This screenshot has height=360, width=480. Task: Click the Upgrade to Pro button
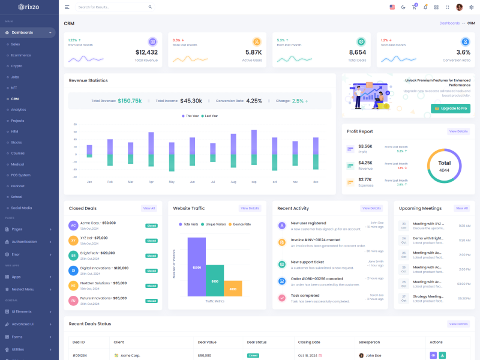click(450, 109)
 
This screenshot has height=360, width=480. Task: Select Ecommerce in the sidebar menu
click(21, 55)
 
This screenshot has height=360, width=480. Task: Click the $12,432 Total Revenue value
click(146, 52)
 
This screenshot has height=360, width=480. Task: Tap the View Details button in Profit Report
click(458, 131)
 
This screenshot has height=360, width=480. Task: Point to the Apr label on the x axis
click(151, 182)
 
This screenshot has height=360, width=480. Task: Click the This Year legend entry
click(190, 116)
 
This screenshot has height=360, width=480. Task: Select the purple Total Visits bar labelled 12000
click(197, 267)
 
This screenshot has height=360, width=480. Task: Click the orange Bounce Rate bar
click(233, 289)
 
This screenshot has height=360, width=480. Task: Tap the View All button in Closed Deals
click(149, 208)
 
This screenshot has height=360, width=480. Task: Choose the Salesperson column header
click(370, 342)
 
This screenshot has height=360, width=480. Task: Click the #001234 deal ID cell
click(79, 355)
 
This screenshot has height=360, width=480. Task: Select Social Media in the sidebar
click(22, 208)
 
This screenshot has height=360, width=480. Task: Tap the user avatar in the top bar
click(460, 7)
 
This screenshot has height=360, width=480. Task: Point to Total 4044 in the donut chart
click(444, 166)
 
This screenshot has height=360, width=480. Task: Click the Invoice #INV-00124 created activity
click(316, 239)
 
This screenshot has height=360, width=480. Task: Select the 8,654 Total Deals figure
click(357, 52)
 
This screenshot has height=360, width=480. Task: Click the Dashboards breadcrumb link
click(449, 23)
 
